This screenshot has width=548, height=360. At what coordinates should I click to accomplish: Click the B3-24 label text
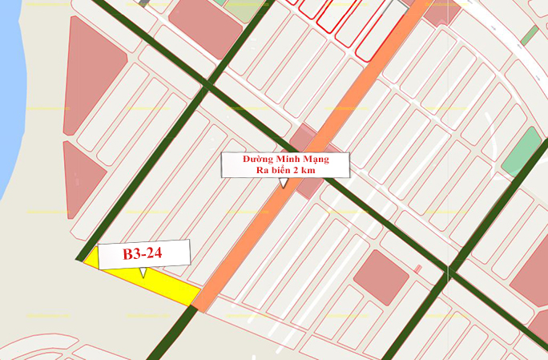pos(143,255)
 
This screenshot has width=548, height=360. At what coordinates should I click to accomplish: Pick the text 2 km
pos(316,172)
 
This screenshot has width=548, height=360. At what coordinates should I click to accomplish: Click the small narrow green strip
pos(528,35)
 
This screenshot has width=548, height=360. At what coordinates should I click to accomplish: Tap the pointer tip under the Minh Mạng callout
pos(283,186)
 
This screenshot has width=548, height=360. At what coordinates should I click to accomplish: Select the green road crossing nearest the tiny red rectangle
pos(451,273)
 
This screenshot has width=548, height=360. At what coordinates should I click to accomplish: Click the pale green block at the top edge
pos(236,10)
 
